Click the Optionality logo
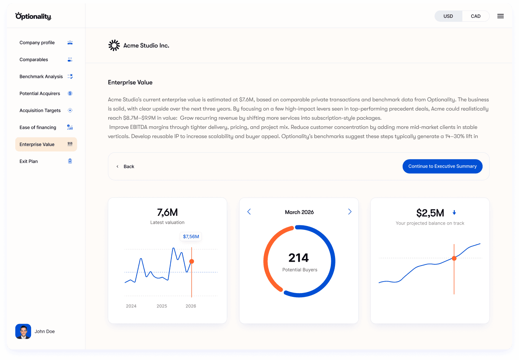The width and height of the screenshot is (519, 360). pyautogui.click(x=33, y=16)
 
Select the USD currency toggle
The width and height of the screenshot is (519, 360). pyautogui.click(x=448, y=16)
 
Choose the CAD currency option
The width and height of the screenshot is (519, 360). pyautogui.click(x=475, y=16)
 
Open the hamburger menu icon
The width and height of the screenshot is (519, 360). pyautogui.click(x=500, y=16)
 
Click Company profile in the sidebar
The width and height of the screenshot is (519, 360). pyautogui.click(x=37, y=42)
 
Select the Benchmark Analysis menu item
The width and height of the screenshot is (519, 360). pyautogui.click(x=41, y=77)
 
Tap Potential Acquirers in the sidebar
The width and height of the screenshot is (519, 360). pyautogui.click(x=40, y=93)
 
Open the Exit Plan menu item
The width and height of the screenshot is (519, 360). pyautogui.click(x=29, y=161)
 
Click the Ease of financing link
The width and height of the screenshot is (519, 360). pyautogui.click(x=38, y=127)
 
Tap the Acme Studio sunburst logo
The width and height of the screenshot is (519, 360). pyautogui.click(x=114, y=45)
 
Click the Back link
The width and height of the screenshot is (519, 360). pyautogui.click(x=129, y=166)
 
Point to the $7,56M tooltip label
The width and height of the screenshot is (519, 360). pyautogui.click(x=191, y=236)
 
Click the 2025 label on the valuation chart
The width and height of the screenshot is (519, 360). pyautogui.click(x=162, y=306)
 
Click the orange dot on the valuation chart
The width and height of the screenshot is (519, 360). pyautogui.click(x=192, y=261)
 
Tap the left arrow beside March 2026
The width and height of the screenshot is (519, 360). pyautogui.click(x=249, y=212)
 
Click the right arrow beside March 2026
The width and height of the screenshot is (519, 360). pyautogui.click(x=350, y=212)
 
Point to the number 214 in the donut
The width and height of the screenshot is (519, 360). pyautogui.click(x=298, y=258)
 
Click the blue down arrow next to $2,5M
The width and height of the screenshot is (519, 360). pyautogui.click(x=454, y=213)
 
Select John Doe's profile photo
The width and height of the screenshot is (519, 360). pyautogui.click(x=23, y=331)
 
